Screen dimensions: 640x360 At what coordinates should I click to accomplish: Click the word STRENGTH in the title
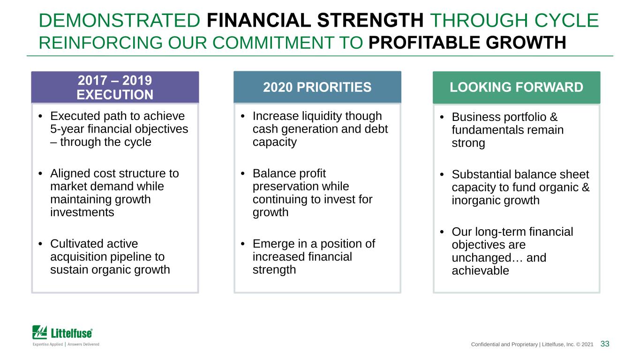[370, 20]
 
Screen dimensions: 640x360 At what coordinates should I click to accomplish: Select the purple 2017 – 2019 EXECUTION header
[115, 87]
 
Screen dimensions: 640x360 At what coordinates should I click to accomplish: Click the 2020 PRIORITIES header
[317, 87]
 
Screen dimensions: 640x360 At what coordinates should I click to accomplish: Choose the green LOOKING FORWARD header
[516, 88]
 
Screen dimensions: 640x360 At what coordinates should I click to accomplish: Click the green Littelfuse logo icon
[39, 332]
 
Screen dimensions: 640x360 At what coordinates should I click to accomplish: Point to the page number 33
[605, 344]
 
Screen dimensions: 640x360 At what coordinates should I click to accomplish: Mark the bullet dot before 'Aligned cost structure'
[40, 173]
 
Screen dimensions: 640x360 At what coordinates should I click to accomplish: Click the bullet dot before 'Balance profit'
[242, 173]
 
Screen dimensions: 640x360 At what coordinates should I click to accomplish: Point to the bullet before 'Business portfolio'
[442, 117]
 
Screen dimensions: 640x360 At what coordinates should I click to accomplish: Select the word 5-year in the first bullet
[67, 129]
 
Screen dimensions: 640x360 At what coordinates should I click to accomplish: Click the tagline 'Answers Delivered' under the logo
[83, 344]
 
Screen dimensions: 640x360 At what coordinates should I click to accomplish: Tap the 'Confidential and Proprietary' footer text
[504, 345]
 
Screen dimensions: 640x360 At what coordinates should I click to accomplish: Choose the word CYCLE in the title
[566, 20]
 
